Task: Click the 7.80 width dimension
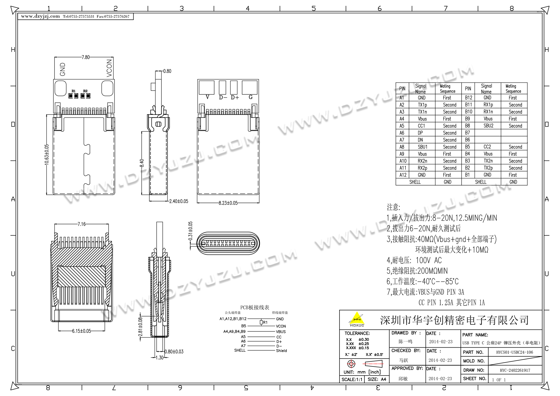(85, 57)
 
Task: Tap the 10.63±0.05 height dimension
(47, 155)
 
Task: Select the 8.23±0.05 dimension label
(228, 203)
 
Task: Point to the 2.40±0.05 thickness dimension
(179, 201)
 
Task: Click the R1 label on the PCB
(73, 91)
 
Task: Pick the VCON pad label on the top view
(109, 68)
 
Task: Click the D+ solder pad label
(235, 97)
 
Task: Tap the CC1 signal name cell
(421, 126)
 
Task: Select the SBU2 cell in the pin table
(488, 126)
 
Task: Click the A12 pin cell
(403, 175)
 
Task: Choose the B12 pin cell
(468, 98)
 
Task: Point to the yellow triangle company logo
(356, 319)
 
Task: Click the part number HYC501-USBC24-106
(515, 352)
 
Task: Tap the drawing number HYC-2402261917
(515, 370)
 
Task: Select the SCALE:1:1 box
(352, 379)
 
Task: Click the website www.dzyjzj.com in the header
(40, 16)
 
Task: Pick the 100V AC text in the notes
(428, 260)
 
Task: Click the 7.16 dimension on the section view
(81, 224)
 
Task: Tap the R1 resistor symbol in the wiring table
(261, 322)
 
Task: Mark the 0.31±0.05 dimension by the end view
(190, 231)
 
